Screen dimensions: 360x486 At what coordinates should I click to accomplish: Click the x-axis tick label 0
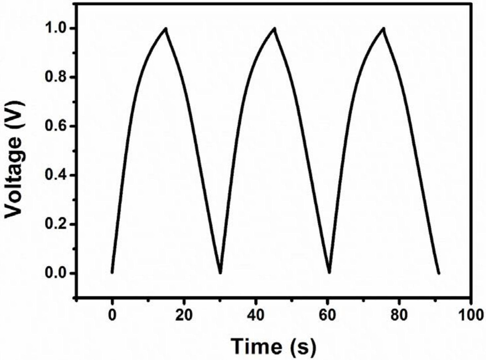click(x=112, y=315)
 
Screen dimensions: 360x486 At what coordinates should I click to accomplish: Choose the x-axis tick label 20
click(x=184, y=315)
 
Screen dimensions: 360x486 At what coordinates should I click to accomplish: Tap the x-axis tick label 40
click(x=256, y=315)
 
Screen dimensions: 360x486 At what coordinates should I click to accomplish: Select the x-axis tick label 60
click(x=327, y=315)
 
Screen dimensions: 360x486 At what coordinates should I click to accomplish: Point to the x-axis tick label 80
click(x=399, y=315)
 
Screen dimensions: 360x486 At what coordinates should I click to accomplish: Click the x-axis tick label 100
click(x=471, y=315)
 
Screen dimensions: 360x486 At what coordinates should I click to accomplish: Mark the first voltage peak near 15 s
click(x=166, y=29)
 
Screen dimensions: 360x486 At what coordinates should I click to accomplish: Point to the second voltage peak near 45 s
click(x=275, y=29)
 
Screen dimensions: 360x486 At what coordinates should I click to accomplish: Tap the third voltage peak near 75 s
click(x=383, y=29)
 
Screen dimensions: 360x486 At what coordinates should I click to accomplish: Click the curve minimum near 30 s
click(x=220, y=273)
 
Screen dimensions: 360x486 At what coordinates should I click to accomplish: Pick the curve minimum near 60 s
click(x=329, y=273)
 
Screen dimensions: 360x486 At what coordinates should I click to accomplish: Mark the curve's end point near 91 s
click(x=439, y=273)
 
